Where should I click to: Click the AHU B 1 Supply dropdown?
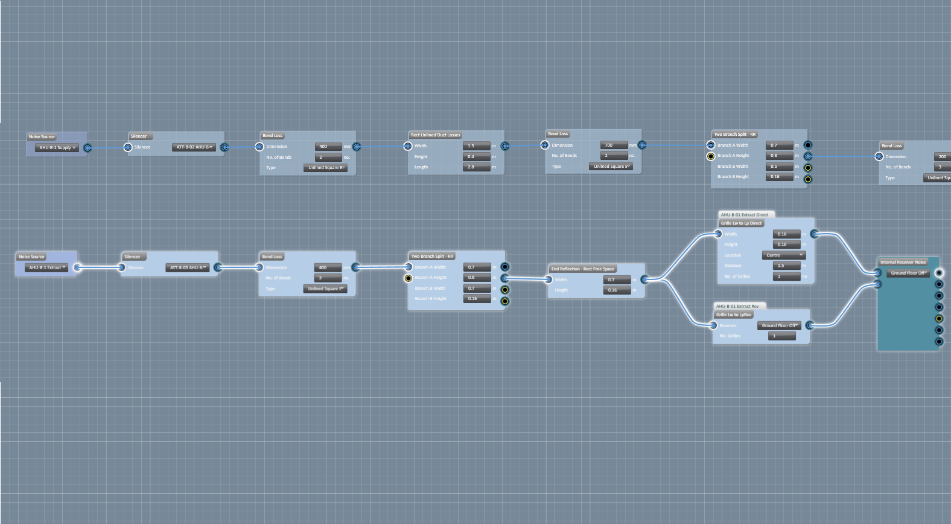(x=57, y=148)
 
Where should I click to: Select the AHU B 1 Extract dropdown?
(x=46, y=267)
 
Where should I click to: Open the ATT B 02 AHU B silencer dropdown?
(x=194, y=147)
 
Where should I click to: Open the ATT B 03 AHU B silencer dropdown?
(x=188, y=267)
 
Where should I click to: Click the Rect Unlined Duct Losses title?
(x=435, y=135)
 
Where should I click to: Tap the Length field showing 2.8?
(x=476, y=167)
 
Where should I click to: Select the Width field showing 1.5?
(x=476, y=146)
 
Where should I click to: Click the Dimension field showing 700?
(x=614, y=145)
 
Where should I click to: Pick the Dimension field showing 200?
(x=942, y=157)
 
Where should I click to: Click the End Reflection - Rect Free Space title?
(x=582, y=269)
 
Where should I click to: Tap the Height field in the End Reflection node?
(x=617, y=290)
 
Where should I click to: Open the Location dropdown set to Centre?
(x=783, y=255)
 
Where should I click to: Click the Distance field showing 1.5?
(x=786, y=266)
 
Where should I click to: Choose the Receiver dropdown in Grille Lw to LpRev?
(x=780, y=325)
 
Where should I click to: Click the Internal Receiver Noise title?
(x=902, y=263)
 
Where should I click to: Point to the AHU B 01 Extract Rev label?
(x=737, y=307)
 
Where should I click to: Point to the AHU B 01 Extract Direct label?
(x=744, y=215)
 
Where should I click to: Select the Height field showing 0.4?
(x=476, y=157)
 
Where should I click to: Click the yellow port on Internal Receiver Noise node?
(x=939, y=319)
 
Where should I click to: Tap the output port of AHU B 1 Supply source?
(x=87, y=148)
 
